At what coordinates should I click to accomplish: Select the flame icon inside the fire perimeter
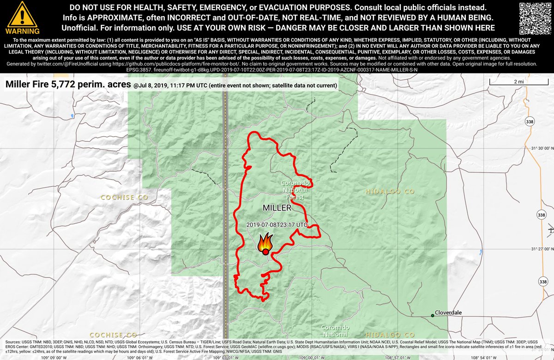(x=265, y=244)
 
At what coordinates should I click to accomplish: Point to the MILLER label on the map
(x=277, y=208)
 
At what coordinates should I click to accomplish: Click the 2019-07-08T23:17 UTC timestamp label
(x=277, y=224)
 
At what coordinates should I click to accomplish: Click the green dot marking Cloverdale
(x=433, y=315)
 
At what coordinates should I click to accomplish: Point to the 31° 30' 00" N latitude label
(x=541, y=149)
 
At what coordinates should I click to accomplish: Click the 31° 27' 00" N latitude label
(x=541, y=249)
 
